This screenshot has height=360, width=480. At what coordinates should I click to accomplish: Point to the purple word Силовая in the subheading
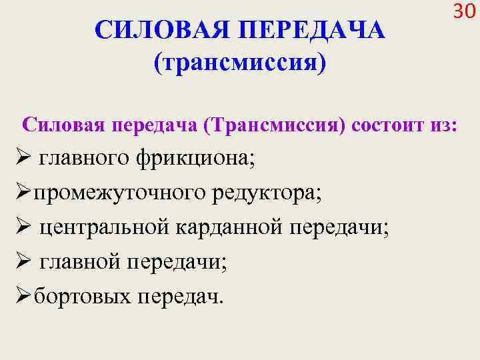65,125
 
